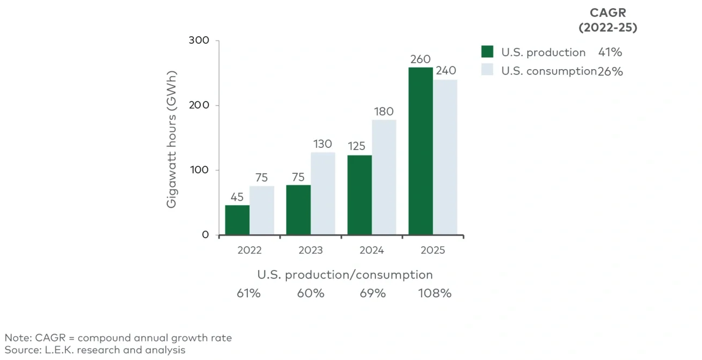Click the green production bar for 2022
click(x=237, y=220)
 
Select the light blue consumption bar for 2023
click(x=323, y=194)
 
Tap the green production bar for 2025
click(x=421, y=151)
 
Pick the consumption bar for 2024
click(x=384, y=178)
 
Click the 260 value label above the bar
click(x=420, y=59)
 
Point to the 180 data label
click(x=384, y=112)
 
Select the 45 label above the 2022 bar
click(x=237, y=197)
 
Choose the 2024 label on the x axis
click(x=372, y=250)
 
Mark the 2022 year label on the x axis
click(x=249, y=250)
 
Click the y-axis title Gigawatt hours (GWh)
click(x=172, y=139)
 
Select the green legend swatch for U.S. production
click(x=488, y=52)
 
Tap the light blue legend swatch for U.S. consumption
click(x=488, y=70)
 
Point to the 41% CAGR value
click(x=610, y=52)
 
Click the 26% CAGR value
click(x=610, y=71)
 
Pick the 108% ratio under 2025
click(x=435, y=294)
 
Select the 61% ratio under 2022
click(x=249, y=294)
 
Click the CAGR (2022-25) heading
click(x=607, y=21)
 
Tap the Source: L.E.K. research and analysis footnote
click(x=95, y=350)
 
